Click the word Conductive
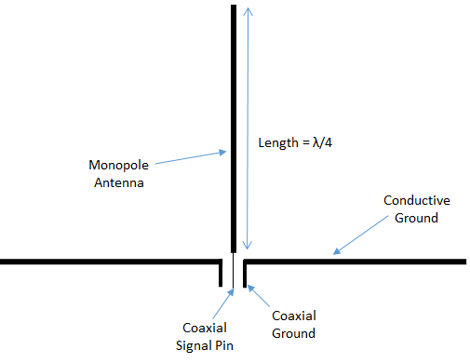[417, 201]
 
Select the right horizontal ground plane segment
[354, 262]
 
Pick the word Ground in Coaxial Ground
[293, 333]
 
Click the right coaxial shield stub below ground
[243, 274]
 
